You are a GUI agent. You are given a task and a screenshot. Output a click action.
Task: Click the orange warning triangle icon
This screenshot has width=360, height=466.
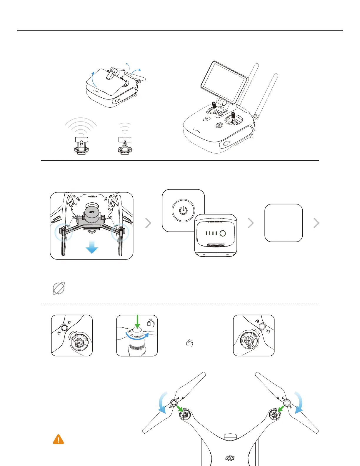[58, 439]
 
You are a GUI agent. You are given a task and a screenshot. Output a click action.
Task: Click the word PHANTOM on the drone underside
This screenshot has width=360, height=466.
[92, 197]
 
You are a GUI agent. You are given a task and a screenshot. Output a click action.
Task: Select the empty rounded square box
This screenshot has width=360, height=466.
[284, 223]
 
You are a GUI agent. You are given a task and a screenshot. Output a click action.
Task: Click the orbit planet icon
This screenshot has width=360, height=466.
[59, 288]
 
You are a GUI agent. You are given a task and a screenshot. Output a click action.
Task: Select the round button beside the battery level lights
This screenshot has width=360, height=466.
[223, 234]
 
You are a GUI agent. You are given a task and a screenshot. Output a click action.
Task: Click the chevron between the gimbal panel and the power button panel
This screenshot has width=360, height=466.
[148, 223]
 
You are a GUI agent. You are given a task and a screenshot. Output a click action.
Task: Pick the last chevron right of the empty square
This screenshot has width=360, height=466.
[316, 223]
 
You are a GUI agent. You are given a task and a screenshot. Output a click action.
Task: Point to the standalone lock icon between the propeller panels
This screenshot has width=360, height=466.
[189, 343]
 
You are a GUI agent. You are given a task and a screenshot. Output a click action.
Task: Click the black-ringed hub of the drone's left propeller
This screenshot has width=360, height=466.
[174, 402]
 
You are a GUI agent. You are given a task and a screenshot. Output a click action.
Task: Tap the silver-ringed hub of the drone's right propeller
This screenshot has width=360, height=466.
[287, 402]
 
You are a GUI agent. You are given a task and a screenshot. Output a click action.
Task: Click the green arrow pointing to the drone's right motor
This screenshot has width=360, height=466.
[281, 409]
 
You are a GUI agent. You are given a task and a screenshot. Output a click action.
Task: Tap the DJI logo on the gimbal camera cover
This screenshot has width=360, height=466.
[92, 212]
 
